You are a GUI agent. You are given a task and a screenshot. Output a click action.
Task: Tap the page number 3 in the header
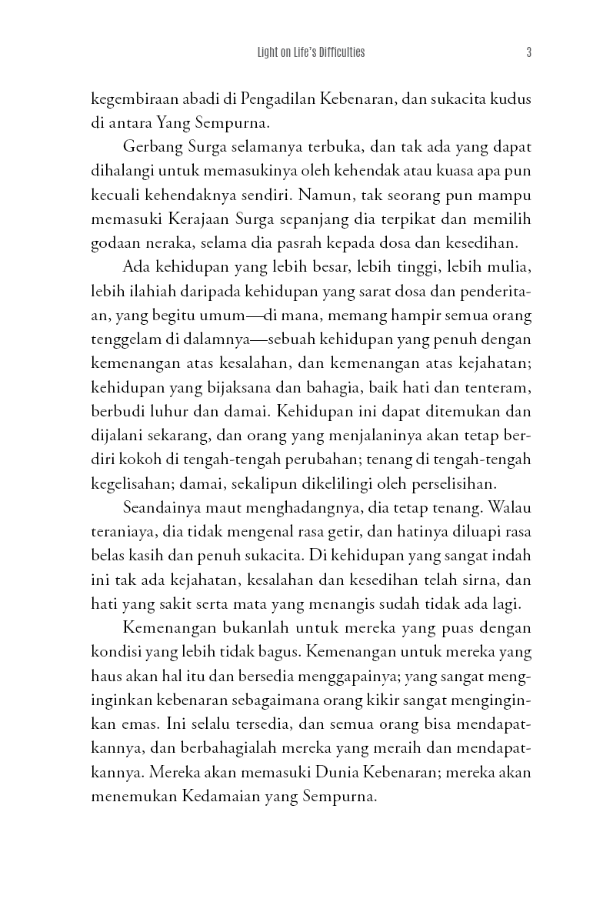point(529,53)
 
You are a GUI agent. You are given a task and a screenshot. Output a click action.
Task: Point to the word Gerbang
point(149,147)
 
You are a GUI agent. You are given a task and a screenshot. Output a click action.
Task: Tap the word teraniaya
point(121,532)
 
